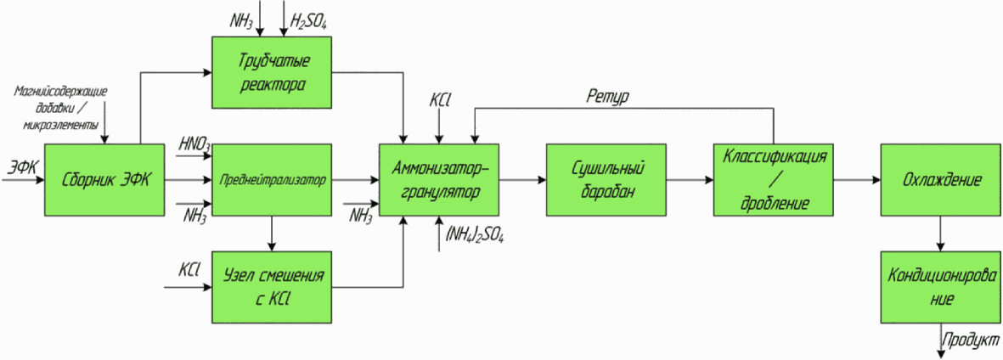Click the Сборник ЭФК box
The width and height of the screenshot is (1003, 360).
(x=104, y=180)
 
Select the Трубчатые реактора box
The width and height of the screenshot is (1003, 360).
(x=272, y=72)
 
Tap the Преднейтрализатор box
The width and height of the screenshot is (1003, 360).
(x=272, y=180)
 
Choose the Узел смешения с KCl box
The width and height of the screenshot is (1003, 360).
(x=272, y=287)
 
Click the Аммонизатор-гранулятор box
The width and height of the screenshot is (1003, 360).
(x=439, y=180)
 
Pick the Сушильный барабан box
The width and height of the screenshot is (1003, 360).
(x=606, y=180)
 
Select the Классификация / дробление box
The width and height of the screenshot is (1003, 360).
(x=774, y=180)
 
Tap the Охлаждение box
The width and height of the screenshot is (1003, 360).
(x=941, y=180)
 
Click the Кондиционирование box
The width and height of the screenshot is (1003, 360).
(x=941, y=287)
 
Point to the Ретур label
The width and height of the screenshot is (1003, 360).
(x=608, y=97)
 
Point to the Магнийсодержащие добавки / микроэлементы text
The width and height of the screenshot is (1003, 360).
(x=61, y=107)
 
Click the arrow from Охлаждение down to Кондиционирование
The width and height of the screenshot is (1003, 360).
(x=940, y=233)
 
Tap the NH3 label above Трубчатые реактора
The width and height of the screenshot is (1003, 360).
(x=242, y=20)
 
